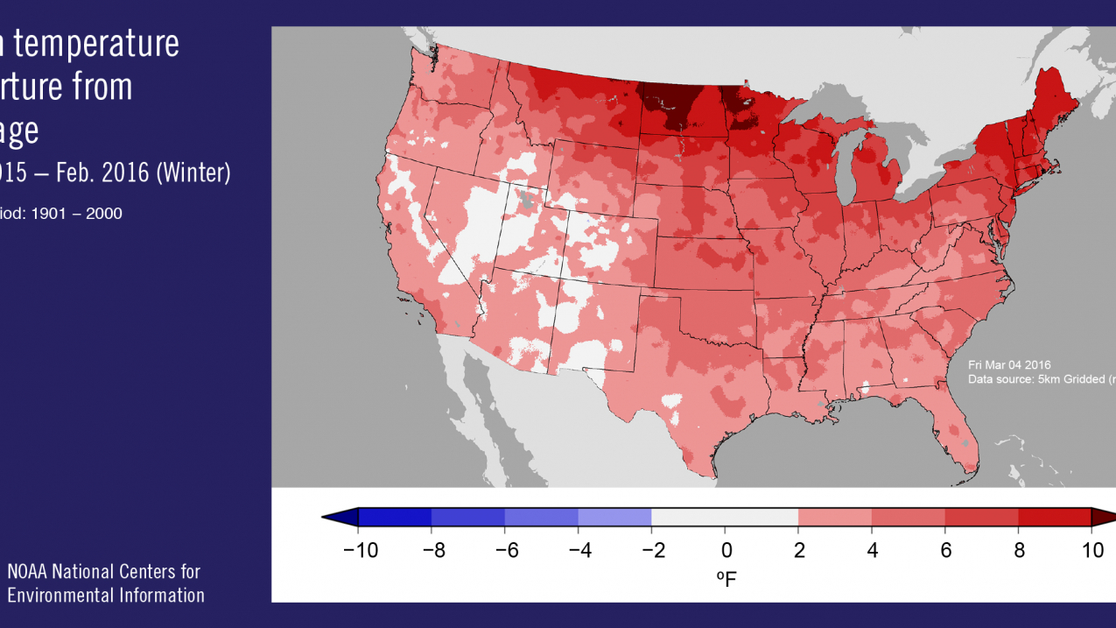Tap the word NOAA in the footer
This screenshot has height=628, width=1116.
tap(28, 572)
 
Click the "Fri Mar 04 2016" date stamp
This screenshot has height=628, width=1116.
tap(1009, 364)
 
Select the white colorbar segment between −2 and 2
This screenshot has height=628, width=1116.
tap(725, 518)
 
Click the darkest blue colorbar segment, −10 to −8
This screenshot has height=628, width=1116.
tap(395, 518)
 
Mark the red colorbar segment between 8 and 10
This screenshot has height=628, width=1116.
tap(1054, 518)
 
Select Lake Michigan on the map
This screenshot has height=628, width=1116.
tap(843, 174)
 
